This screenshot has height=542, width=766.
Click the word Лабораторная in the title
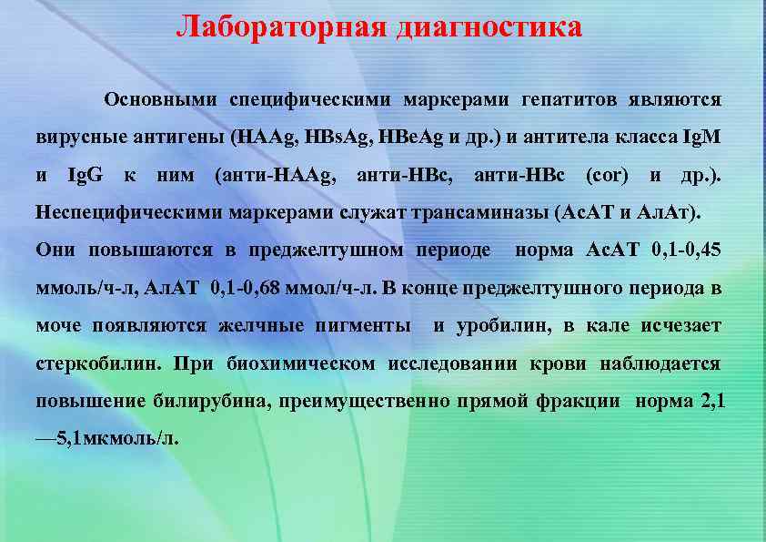(281, 26)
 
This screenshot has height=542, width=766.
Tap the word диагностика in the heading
(489, 26)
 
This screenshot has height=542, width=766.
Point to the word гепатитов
(570, 98)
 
